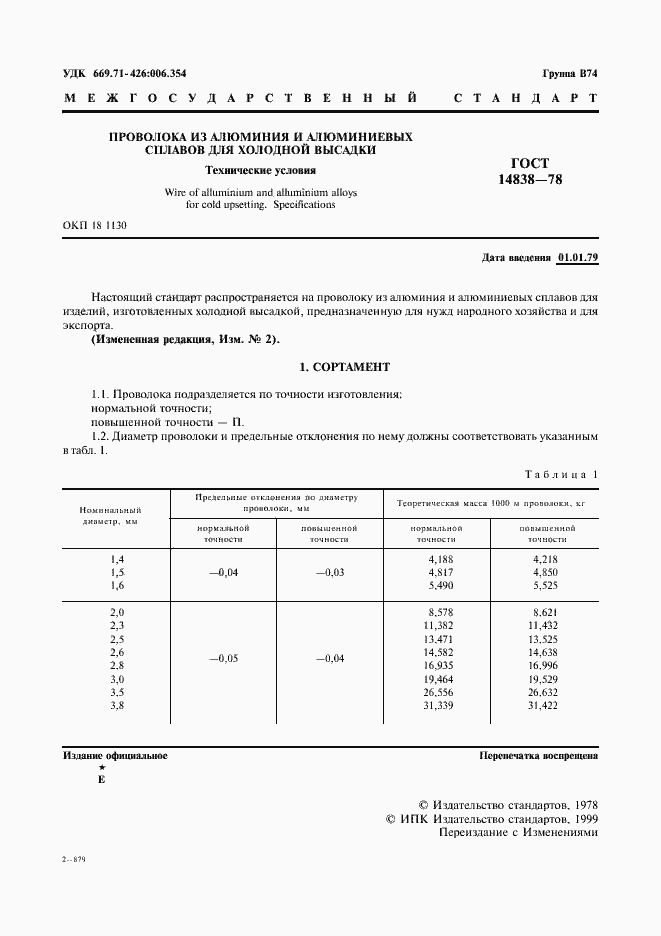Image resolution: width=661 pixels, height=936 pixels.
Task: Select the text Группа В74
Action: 570,74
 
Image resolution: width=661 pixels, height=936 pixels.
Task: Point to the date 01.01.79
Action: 578,258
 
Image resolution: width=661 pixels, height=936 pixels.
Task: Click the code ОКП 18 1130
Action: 94,226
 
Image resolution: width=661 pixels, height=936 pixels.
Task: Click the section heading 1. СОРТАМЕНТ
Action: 329,367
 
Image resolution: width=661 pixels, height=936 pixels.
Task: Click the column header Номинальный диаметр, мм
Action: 110,516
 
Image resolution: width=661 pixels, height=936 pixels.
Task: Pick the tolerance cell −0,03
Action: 329,572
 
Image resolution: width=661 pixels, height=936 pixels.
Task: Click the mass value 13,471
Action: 440,638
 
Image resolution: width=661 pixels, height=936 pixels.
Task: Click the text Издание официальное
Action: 114,756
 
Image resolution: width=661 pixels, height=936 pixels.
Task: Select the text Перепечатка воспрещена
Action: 538,756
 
